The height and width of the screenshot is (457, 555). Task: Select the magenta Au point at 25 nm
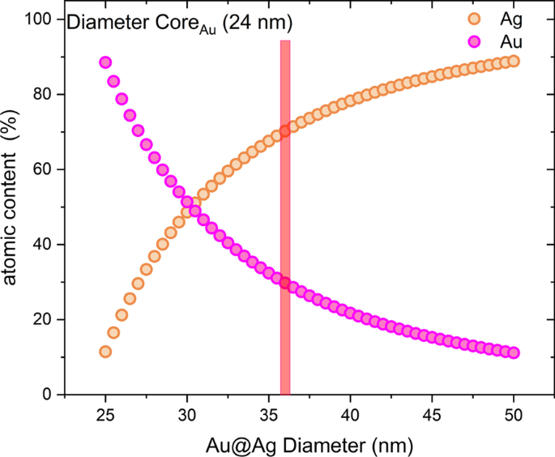coord(105,62)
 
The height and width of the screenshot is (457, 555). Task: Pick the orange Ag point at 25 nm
coord(105,352)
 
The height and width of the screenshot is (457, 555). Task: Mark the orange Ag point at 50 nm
coord(514,61)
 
